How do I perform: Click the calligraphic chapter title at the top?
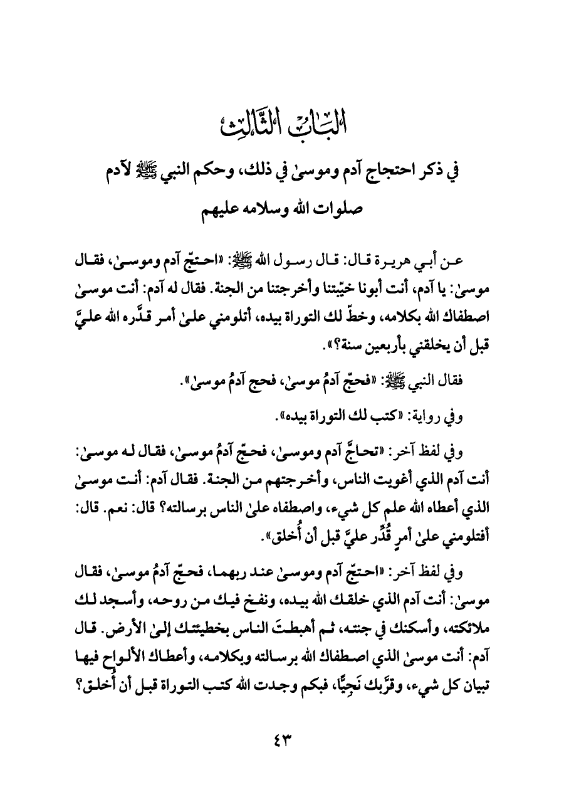281,117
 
